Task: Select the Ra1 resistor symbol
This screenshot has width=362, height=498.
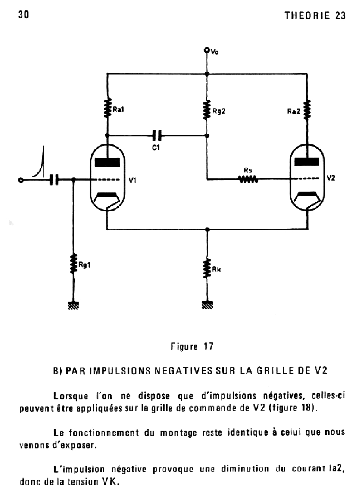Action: (107, 108)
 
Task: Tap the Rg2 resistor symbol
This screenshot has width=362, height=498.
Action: (207, 110)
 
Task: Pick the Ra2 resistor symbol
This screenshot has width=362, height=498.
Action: (307, 109)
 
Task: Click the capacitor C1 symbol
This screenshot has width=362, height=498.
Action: (157, 135)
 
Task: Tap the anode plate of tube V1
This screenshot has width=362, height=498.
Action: (107, 162)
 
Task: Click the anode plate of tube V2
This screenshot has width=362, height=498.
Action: (307, 162)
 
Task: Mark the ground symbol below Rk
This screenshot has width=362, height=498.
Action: (207, 305)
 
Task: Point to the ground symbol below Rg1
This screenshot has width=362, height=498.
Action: (73, 305)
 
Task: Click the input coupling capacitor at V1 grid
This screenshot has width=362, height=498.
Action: (54, 180)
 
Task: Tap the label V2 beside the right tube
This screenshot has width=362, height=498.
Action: (331, 178)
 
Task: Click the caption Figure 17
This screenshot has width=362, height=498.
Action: (192, 346)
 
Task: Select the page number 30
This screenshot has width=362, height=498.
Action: (24, 15)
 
